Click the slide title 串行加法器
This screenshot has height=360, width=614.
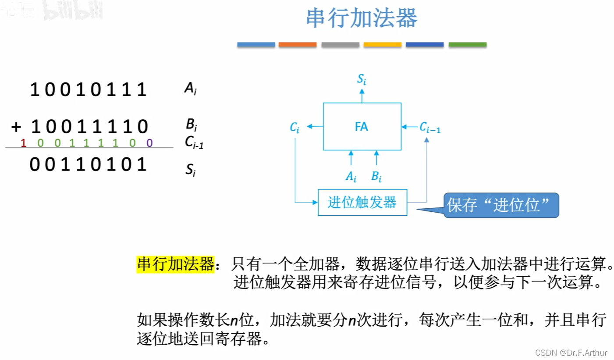pyautogui.click(x=362, y=19)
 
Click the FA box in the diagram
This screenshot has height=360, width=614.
pyautogui.click(x=362, y=127)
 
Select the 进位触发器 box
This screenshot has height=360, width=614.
pyautogui.click(x=362, y=202)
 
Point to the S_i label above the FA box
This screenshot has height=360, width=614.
pyautogui.click(x=362, y=79)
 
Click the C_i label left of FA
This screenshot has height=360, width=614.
pyautogui.click(x=295, y=128)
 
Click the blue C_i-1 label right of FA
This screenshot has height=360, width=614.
pyautogui.click(x=430, y=128)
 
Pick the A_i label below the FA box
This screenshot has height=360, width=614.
pyautogui.click(x=351, y=177)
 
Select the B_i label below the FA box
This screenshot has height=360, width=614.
pyautogui.click(x=376, y=177)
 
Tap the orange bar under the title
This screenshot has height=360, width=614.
pyautogui.click(x=297, y=45)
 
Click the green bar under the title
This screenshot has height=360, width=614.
pyautogui.click(x=467, y=45)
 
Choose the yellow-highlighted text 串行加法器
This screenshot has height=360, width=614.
pyautogui.click(x=175, y=264)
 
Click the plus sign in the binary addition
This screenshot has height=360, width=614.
pyautogui.click(x=16, y=127)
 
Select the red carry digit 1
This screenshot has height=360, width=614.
pyautogui.click(x=24, y=143)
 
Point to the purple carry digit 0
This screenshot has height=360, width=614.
pyautogui.click(x=149, y=143)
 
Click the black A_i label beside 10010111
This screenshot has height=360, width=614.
pyautogui.click(x=190, y=89)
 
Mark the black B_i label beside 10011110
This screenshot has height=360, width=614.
pyautogui.click(x=191, y=125)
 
